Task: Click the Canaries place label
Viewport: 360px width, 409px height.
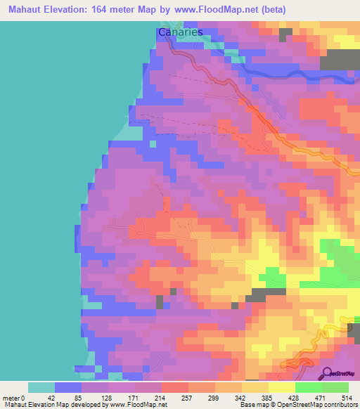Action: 180,32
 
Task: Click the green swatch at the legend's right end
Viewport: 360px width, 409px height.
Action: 335,388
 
